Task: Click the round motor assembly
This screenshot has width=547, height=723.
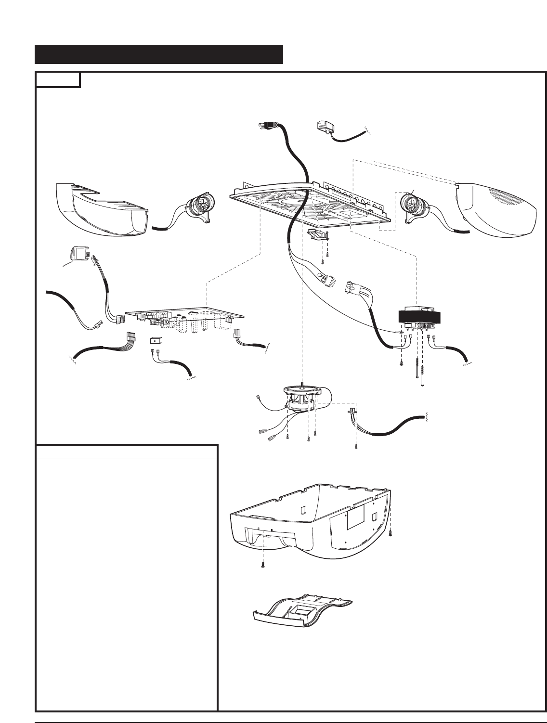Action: [302, 399]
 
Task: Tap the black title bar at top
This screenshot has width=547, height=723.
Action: [158, 54]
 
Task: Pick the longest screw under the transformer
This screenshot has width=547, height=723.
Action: [422, 371]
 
